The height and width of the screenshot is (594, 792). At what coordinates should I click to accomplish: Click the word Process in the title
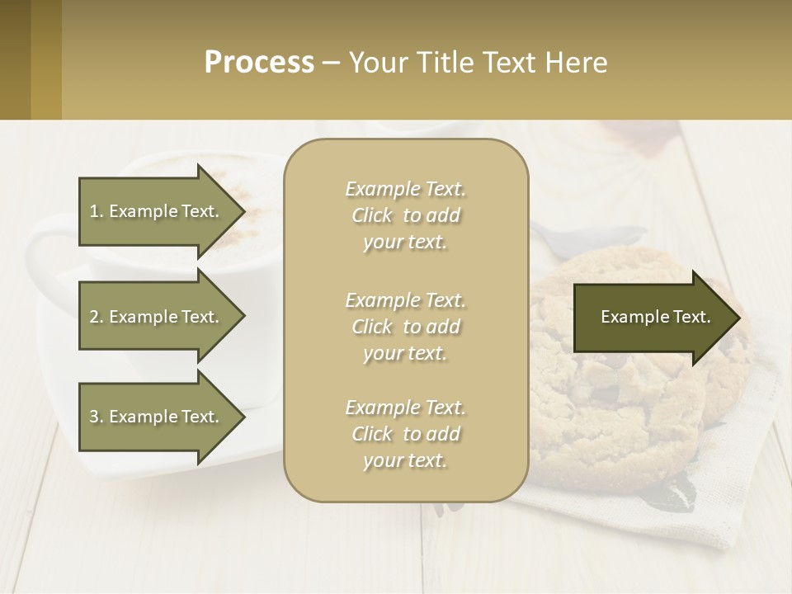(x=259, y=63)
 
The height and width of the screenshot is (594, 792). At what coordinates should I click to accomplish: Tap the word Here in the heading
(x=575, y=63)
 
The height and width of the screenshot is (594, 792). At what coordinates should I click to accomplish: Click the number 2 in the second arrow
(x=94, y=317)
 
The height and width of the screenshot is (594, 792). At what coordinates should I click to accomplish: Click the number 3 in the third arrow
(x=94, y=417)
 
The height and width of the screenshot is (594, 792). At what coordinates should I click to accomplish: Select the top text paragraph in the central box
(x=405, y=215)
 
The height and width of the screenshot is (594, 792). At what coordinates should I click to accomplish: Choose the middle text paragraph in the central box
(x=405, y=327)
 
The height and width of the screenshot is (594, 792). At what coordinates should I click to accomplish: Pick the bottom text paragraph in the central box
(x=405, y=434)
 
